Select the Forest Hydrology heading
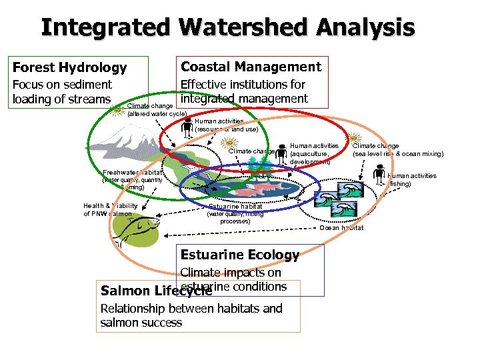click(69, 67)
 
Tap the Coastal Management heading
click(251, 67)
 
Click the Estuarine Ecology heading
click(240, 255)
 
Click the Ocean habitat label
click(341, 228)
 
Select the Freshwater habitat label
click(132, 173)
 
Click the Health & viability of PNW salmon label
click(111, 210)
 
